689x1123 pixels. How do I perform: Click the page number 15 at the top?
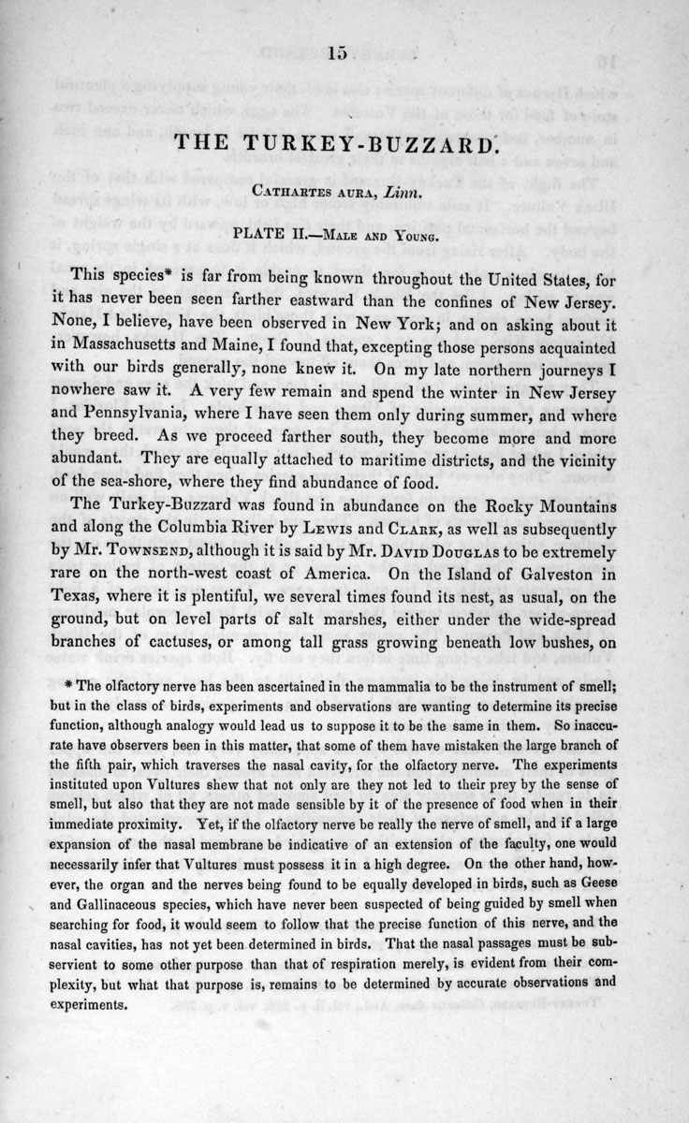336,55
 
